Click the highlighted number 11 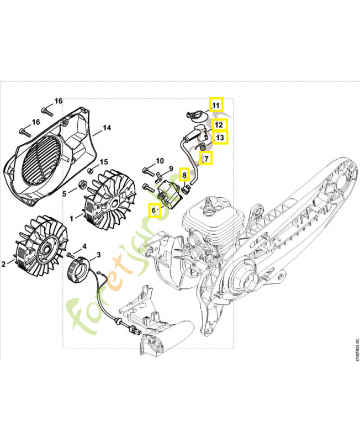tap(216, 104)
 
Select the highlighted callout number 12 tap(219, 125)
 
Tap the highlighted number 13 tap(220, 138)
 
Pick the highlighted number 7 tap(206, 159)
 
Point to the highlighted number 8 tap(186, 175)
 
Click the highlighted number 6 tap(154, 209)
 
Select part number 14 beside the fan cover tap(107, 128)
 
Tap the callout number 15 tap(103, 162)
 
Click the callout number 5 tap(65, 194)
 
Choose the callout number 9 tap(171, 169)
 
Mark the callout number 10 tap(160, 161)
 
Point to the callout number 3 tap(99, 255)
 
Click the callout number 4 tap(84, 246)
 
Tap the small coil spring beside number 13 tap(203, 147)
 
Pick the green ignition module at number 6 tap(166, 196)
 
